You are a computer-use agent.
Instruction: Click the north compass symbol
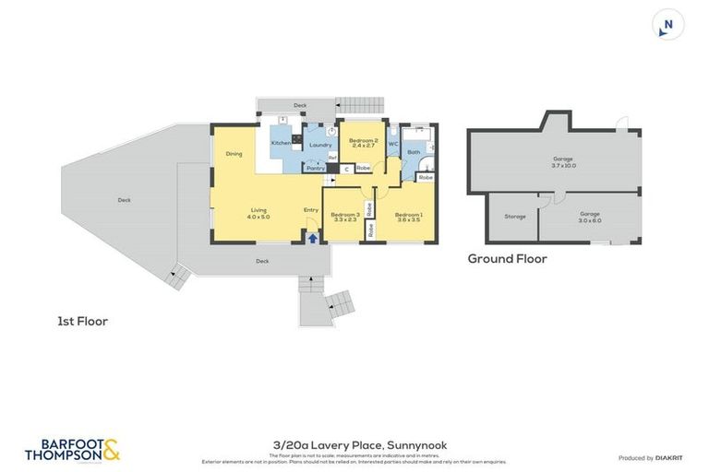click(x=668, y=25)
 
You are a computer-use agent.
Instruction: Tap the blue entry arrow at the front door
click(x=312, y=237)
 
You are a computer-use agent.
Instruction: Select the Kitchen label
click(x=281, y=144)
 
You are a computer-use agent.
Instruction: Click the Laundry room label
click(x=320, y=146)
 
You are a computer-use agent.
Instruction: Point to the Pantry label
click(x=316, y=169)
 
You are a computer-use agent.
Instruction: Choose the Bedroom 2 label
click(x=363, y=141)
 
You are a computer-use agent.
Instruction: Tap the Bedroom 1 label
click(x=408, y=214)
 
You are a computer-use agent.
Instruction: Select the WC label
click(x=392, y=144)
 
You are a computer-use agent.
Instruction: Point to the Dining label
click(x=234, y=154)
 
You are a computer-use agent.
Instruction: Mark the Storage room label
click(x=514, y=217)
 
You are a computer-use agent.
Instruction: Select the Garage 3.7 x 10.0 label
click(x=563, y=162)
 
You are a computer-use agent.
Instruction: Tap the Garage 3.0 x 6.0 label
click(x=590, y=217)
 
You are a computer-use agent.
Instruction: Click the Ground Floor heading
click(x=507, y=259)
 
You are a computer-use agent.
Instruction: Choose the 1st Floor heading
click(x=82, y=322)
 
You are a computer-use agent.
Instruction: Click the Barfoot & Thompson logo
click(x=74, y=449)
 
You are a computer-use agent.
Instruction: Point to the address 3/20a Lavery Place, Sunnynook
click(x=354, y=445)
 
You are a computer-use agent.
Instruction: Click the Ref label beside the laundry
click(x=331, y=158)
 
